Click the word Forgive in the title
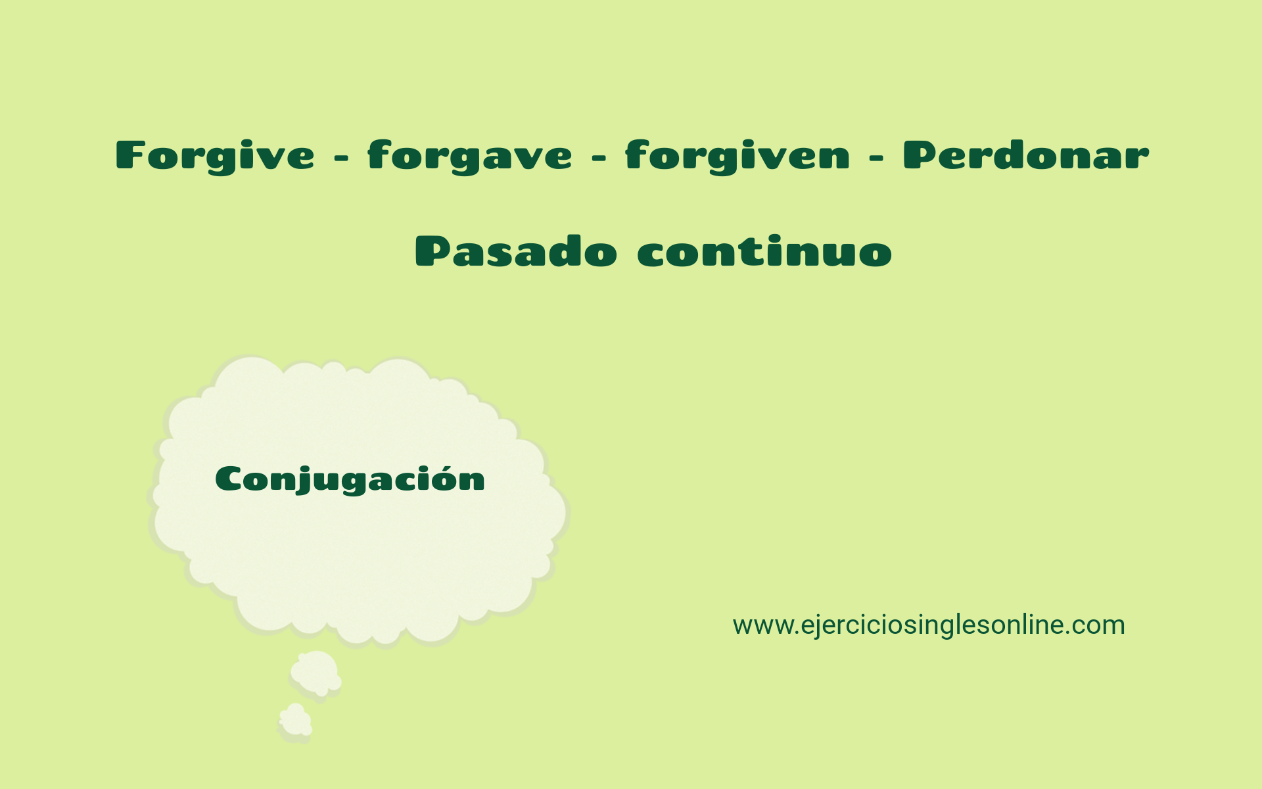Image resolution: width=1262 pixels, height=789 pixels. (x=215, y=156)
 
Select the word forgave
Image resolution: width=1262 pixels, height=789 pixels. (x=469, y=156)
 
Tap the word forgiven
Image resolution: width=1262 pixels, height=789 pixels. (x=737, y=156)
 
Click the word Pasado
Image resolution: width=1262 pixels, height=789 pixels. (x=516, y=251)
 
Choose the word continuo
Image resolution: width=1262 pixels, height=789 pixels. (x=764, y=251)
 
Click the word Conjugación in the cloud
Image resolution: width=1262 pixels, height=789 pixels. (x=350, y=479)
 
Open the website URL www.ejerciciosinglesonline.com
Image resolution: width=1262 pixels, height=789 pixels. (x=928, y=625)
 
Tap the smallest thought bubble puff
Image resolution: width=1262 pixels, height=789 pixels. (x=295, y=721)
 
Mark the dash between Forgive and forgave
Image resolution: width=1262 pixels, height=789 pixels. (x=341, y=158)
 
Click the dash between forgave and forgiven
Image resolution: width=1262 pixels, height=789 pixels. (x=598, y=158)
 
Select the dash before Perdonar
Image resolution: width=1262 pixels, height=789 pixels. (x=876, y=158)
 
